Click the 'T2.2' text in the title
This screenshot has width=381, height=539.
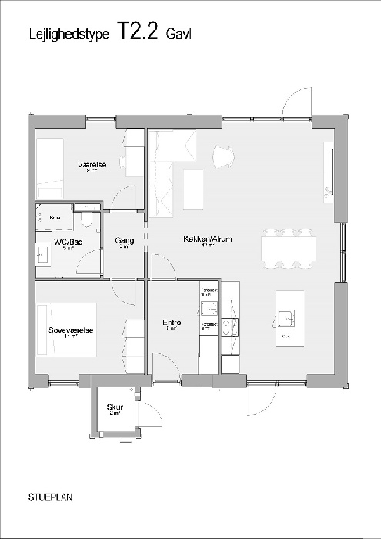[139, 30]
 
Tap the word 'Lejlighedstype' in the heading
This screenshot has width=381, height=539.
[70, 33]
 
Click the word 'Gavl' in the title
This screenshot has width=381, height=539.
[179, 33]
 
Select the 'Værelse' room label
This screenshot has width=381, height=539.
[92, 165]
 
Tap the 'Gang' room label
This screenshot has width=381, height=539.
[125, 240]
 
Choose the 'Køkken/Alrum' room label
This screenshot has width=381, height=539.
[208, 239]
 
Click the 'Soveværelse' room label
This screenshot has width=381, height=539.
[71, 330]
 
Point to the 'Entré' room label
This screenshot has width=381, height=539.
[171, 323]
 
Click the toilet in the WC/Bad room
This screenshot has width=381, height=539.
[89, 221]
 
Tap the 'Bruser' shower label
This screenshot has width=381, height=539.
[55, 218]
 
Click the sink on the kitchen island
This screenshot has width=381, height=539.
[286, 314]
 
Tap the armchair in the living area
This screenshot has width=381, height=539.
[222, 156]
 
